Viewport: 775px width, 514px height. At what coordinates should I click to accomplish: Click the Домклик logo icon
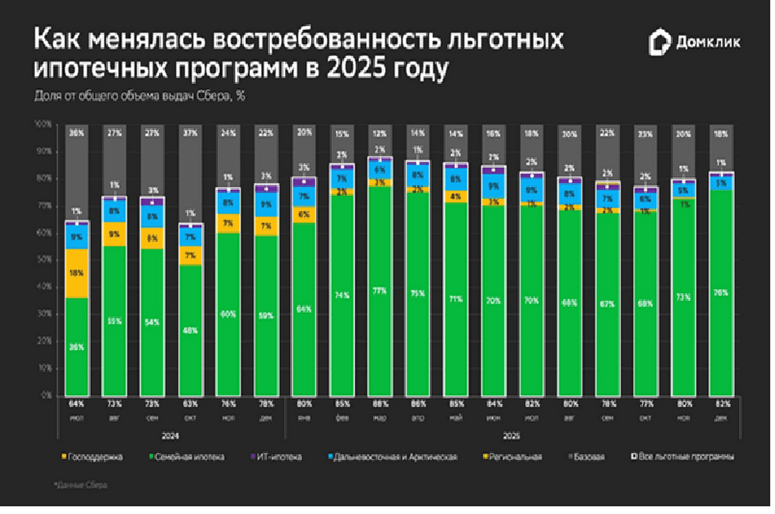click(x=659, y=42)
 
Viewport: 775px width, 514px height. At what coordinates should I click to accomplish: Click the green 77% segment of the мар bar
click(x=380, y=291)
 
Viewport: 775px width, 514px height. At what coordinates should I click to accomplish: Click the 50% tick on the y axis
click(x=43, y=260)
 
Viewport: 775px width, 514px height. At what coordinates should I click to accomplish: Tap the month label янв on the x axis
click(x=303, y=417)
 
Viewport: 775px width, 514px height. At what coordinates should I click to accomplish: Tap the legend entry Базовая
click(x=589, y=456)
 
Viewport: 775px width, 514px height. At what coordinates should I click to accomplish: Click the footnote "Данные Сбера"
click(x=82, y=485)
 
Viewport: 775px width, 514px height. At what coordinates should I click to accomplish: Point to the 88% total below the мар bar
click(x=380, y=404)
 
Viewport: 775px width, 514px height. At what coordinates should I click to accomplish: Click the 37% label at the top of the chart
click(x=191, y=133)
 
